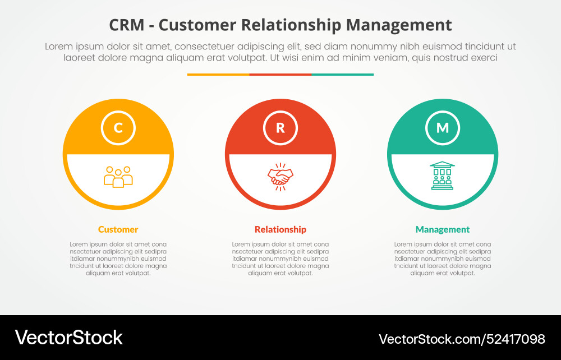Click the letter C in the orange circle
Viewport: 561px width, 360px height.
[x=118, y=128]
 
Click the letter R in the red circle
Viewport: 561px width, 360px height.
[x=280, y=128]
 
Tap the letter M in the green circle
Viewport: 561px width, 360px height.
[x=443, y=128]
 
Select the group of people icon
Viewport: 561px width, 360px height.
[x=118, y=177]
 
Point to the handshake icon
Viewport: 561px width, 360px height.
[x=280, y=177]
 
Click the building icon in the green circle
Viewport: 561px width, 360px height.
[x=442, y=176]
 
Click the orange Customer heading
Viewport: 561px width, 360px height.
[x=118, y=229]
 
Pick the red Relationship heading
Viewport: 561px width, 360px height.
[x=280, y=229]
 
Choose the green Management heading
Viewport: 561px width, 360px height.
[x=443, y=229]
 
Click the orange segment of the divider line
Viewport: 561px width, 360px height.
[x=218, y=74]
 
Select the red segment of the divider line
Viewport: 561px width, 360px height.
[x=280, y=74]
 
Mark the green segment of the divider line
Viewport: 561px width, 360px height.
[x=342, y=74]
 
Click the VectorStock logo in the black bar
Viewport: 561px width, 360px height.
[x=69, y=338]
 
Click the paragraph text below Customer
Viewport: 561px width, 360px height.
[x=118, y=259]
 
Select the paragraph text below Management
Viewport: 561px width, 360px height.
[x=443, y=259]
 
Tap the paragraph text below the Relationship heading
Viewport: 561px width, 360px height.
[x=280, y=259]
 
